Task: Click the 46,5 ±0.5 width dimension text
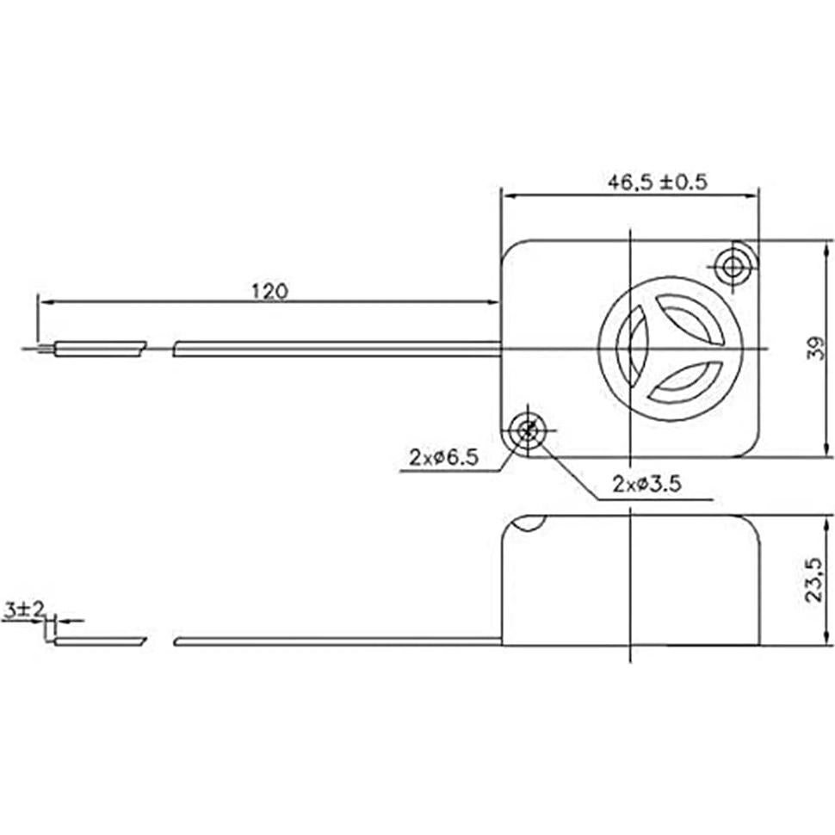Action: (657, 182)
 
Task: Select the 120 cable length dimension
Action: (269, 290)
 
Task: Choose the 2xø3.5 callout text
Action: (647, 485)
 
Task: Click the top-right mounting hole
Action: (733, 266)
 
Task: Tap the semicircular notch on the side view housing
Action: (528, 522)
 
